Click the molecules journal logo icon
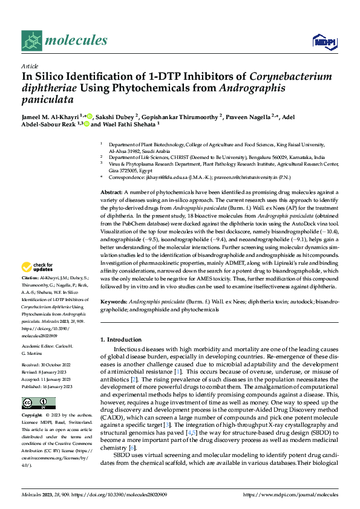[31, 41]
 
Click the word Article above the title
[29, 66]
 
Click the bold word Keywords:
[114, 300]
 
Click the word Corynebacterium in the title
[290, 76]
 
